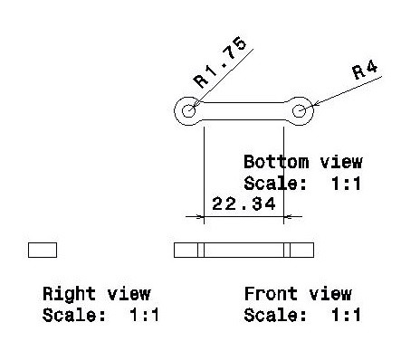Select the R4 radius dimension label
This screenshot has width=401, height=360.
365,71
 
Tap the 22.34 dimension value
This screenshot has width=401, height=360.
243,204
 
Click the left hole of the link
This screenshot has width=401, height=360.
189,111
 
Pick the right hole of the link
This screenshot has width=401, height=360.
301,111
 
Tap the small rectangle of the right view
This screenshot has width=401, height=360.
43,250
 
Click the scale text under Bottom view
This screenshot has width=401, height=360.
302,183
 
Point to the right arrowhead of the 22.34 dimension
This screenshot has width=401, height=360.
281,217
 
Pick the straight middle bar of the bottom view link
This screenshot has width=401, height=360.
244,111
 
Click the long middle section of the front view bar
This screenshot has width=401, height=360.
244,250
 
